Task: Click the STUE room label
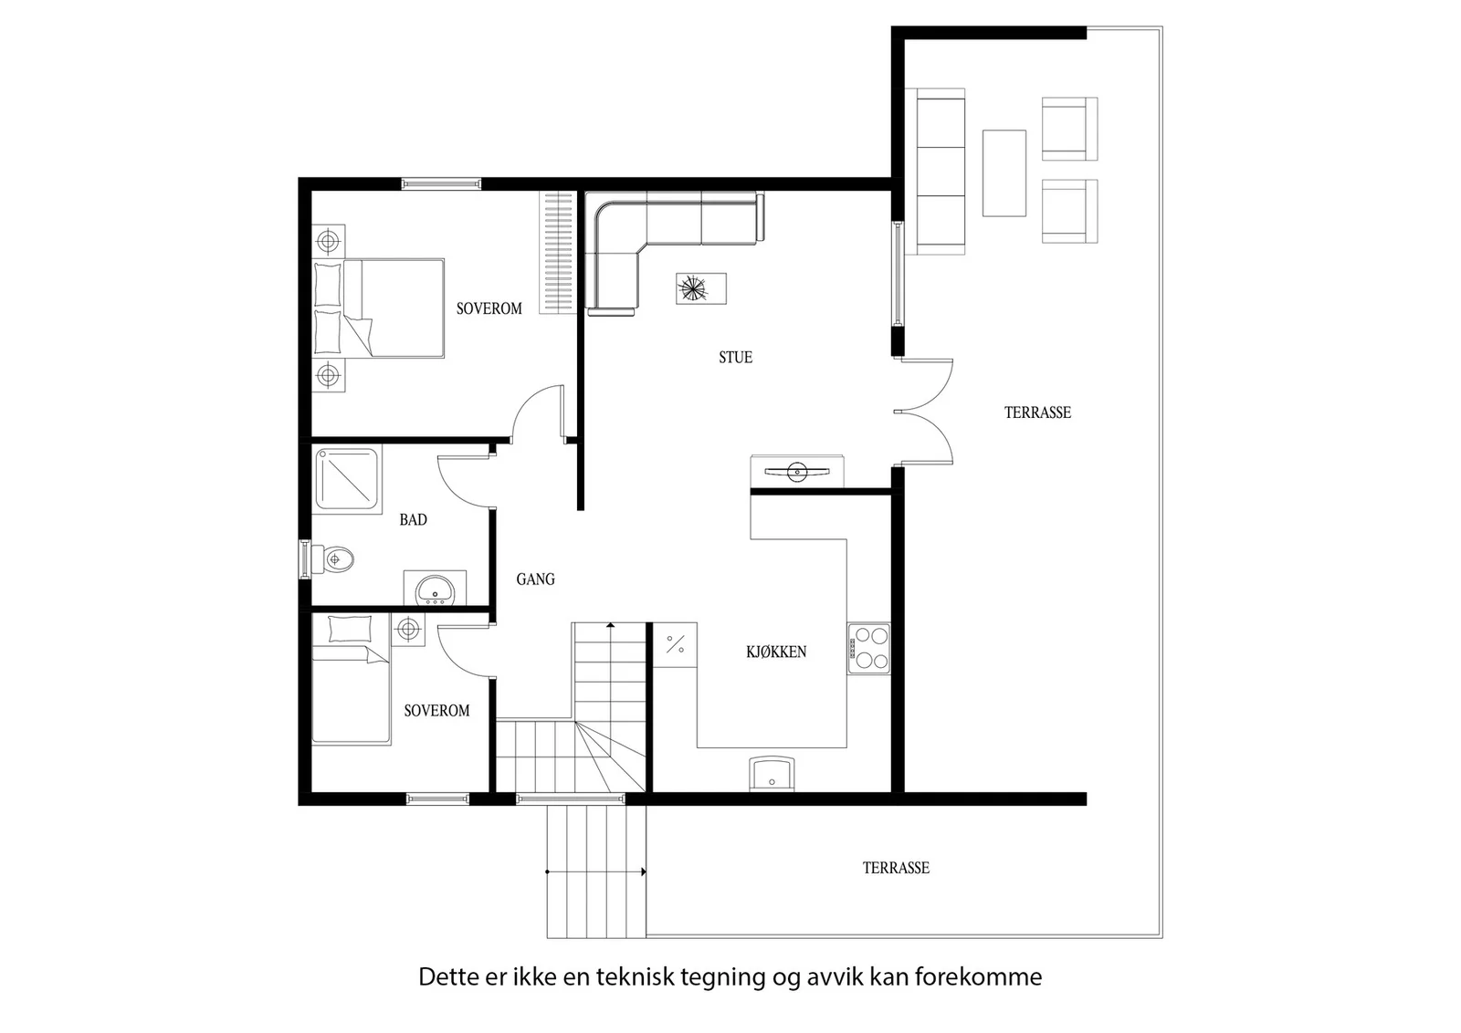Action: click(735, 357)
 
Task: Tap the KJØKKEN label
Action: click(776, 651)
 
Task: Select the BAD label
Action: click(413, 519)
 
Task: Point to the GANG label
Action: click(535, 579)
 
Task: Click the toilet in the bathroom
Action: click(332, 559)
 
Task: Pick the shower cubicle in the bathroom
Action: click(347, 479)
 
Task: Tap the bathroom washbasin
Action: click(435, 589)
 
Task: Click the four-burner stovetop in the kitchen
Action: click(868, 649)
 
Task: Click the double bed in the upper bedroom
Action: click(378, 308)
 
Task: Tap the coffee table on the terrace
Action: click(1004, 173)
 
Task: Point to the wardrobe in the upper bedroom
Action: click(558, 253)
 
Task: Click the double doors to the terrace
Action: click(923, 412)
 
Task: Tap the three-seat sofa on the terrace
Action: click(941, 172)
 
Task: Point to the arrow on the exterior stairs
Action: click(595, 871)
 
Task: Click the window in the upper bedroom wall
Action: click(442, 183)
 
